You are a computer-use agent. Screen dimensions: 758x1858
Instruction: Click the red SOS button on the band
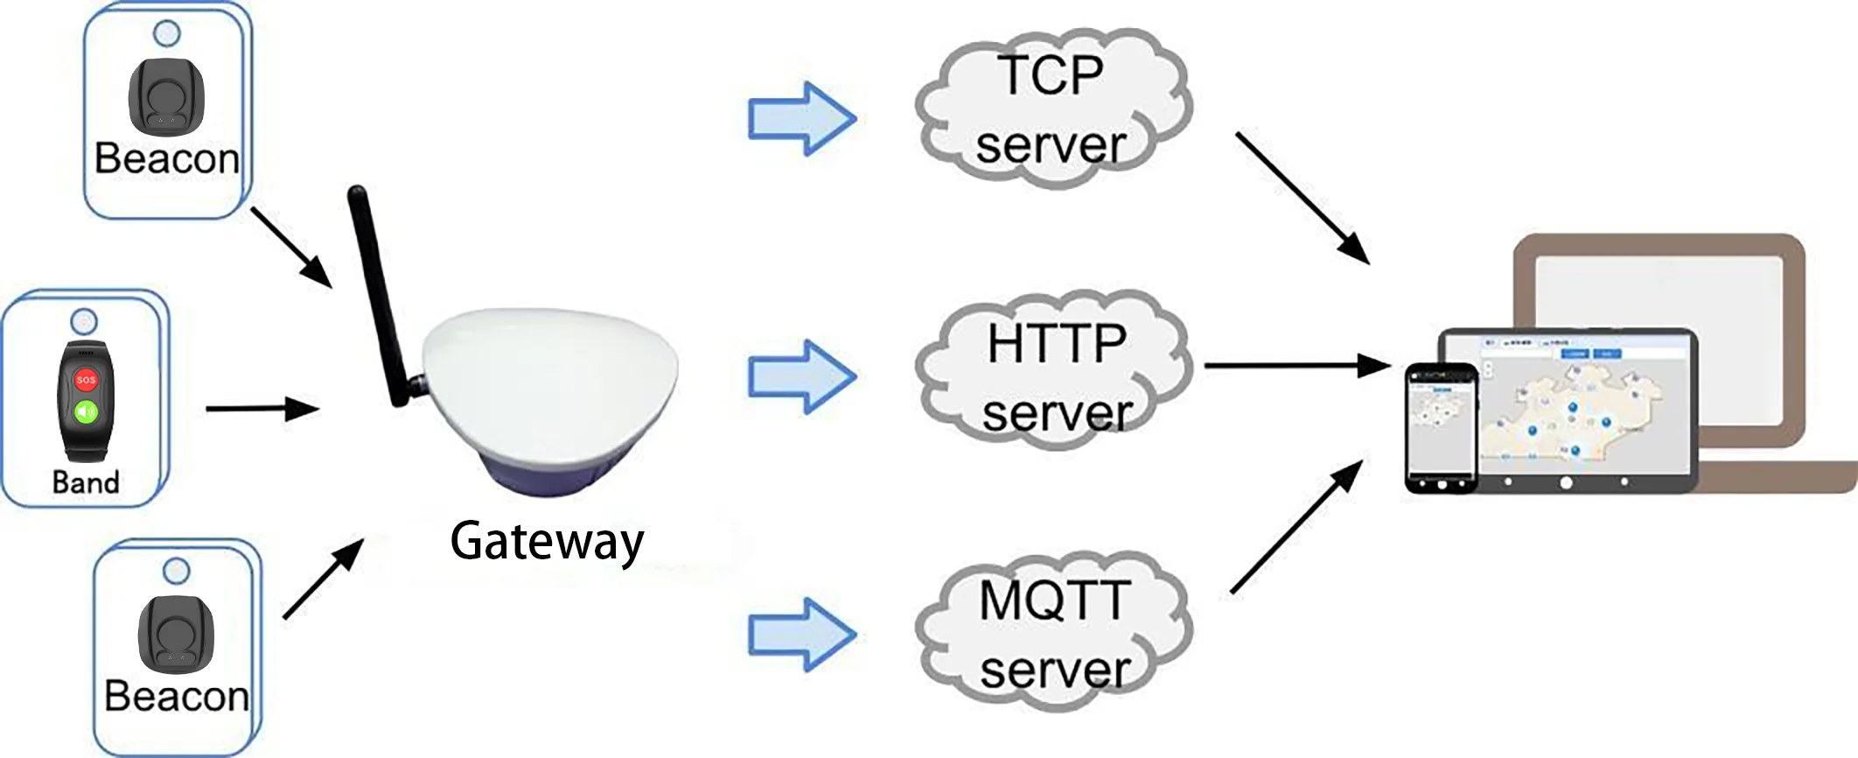tap(86, 380)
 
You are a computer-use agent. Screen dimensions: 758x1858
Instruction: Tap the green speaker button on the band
tap(86, 411)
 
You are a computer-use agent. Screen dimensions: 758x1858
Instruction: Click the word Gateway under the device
tap(547, 541)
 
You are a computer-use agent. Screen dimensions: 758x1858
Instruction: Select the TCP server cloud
tap(1052, 109)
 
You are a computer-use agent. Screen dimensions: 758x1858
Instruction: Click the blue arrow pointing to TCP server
tap(801, 119)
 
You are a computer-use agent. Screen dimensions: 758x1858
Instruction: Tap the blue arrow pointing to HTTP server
tap(801, 376)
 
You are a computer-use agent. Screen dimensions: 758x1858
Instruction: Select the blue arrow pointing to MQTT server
tap(801, 635)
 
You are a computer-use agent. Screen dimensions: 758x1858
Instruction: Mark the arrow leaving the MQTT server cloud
tap(1296, 528)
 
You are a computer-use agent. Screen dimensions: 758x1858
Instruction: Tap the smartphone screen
tap(1441, 428)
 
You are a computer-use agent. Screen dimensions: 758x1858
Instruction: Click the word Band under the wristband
tap(86, 482)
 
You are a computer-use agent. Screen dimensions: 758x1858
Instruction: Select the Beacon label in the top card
tap(166, 159)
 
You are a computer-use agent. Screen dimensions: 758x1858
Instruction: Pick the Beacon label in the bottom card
tap(177, 697)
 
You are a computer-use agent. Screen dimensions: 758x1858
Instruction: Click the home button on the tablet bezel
tap(1565, 482)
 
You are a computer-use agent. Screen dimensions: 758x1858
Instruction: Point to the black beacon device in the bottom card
tap(176, 635)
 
